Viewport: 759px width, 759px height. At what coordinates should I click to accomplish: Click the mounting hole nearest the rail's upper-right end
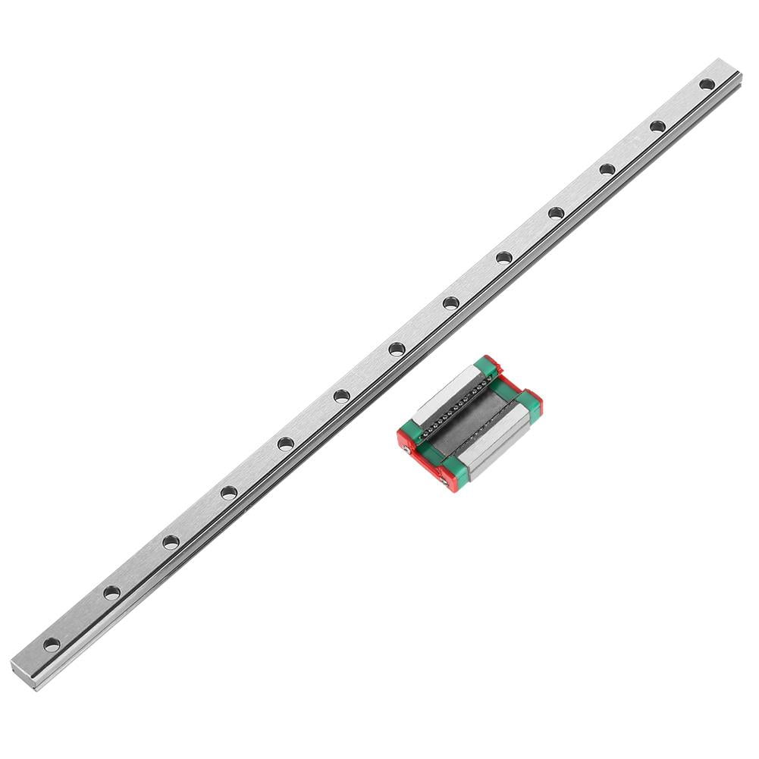[707, 84]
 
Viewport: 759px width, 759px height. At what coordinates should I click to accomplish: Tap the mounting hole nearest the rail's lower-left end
[52, 645]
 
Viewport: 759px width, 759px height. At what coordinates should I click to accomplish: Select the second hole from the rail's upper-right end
[657, 126]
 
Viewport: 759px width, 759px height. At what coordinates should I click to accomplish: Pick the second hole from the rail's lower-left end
[111, 593]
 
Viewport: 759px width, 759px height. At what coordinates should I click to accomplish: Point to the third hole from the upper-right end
[607, 169]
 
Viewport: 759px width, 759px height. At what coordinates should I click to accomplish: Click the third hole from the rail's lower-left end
[171, 542]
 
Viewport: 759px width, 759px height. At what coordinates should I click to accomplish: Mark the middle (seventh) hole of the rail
[397, 349]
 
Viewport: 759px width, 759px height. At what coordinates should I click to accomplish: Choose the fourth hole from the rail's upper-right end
[557, 213]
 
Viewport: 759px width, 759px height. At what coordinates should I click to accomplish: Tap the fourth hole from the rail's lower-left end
[228, 493]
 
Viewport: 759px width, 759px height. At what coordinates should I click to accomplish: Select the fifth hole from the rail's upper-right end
[504, 258]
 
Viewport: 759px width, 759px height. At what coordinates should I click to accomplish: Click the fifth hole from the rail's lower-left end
[285, 444]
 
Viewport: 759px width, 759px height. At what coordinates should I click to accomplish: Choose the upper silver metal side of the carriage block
[447, 395]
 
